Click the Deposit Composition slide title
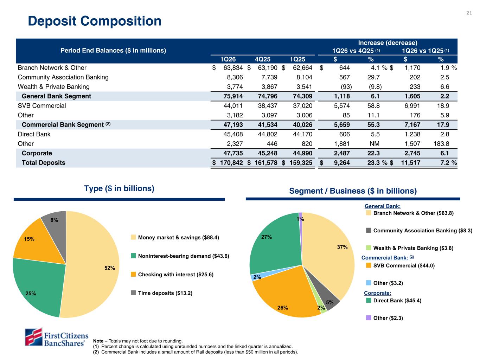coord(95,21)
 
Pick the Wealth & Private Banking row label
coord(53,87)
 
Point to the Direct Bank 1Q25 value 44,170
coord(301,134)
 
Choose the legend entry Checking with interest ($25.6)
coord(175,275)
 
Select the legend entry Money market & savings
coord(178,238)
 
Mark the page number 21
coord(469,13)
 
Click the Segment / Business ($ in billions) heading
coord(353,191)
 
